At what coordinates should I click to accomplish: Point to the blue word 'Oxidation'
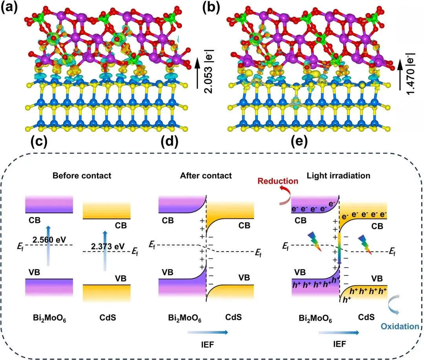[401, 326]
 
